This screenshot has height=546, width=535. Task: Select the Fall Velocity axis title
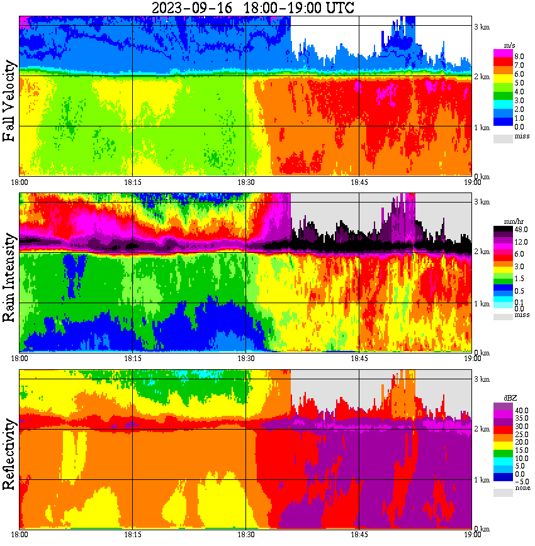pyautogui.click(x=9, y=101)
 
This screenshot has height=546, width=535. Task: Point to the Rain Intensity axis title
pyautogui.click(x=9, y=277)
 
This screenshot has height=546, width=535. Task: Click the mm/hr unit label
pyautogui.click(x=507, y=223)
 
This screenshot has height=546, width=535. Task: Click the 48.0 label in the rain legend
pyautogui.click(x=510, y=232)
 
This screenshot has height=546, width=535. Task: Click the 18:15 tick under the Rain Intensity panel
pyautogui.click(x=132, y=359)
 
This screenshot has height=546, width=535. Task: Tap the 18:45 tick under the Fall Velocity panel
pyautogui.click(x=359, y=182)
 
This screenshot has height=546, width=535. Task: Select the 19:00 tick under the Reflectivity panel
pyautogui.click(x=473, y=535)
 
